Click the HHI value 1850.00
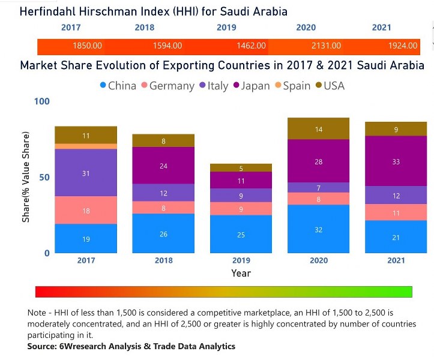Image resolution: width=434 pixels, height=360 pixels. click(87, 46)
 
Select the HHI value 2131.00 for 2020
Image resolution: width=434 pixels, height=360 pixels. click(327, 46)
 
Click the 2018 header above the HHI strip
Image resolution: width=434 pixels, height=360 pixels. click(145, 28)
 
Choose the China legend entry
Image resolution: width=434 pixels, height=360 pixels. click(118, 86)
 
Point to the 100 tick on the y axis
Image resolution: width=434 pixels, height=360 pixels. click(41, 101)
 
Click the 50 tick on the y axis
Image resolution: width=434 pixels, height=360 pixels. click(44, 177)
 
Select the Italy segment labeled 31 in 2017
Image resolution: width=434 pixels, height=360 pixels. click(86, 173)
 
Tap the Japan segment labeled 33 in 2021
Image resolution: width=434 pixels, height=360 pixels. click(396, 161)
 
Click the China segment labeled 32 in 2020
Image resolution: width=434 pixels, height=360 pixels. click(318, 229)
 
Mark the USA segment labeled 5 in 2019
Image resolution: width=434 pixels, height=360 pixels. click(241, 168)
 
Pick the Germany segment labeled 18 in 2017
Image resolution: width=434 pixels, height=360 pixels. click(86, 210)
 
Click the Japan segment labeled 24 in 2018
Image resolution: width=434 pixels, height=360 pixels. click(163, 165)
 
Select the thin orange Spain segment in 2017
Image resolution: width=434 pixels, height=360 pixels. click(86, 146)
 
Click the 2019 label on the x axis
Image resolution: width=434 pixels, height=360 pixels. click(241, 260)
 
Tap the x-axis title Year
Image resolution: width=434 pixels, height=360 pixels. click(241, 273)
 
